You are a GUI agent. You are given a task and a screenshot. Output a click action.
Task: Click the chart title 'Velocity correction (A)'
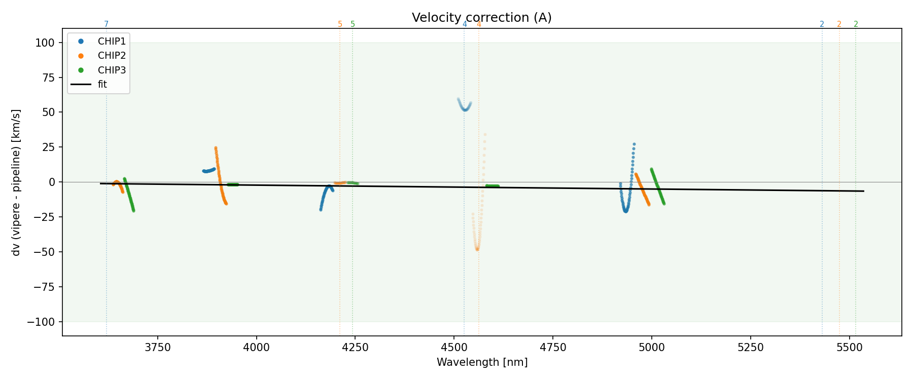[x=481, y=18]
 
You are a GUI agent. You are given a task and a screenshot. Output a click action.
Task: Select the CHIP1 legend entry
[x=112, y=41]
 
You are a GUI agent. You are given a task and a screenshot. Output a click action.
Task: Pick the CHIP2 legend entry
[x=112, y=56]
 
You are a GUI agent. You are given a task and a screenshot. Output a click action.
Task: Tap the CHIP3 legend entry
[x=112, y=70]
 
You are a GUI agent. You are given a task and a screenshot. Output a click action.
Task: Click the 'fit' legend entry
[x=102, y=85]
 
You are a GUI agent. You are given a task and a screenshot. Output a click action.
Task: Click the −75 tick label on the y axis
[x=43, y=287]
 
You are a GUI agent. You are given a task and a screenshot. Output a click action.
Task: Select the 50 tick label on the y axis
[x=48, y=112]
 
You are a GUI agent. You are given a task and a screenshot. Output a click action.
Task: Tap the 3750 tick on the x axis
[x=158, y=348]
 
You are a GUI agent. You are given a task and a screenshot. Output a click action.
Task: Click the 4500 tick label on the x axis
[x=454, y=348]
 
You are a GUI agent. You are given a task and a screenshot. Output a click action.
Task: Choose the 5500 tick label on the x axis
[x=849, y=348]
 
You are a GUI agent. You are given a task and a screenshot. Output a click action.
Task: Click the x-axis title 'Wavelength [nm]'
[x=482, y=362]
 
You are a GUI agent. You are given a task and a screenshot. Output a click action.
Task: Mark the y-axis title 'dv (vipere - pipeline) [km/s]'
[x=16, y=182]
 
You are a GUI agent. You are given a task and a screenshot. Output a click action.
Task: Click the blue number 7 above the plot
[x=106, y=24]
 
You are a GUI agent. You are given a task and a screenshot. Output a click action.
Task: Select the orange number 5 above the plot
[x=340, y=24]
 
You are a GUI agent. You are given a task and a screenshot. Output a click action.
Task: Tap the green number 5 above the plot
[x=353, y=24]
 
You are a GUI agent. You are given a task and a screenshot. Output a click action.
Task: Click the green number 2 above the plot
[x=856, y=24]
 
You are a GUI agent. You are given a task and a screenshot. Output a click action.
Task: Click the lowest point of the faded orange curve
[x=477, y=249]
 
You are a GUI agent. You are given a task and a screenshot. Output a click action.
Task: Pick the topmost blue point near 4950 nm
[x=634, y=144]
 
